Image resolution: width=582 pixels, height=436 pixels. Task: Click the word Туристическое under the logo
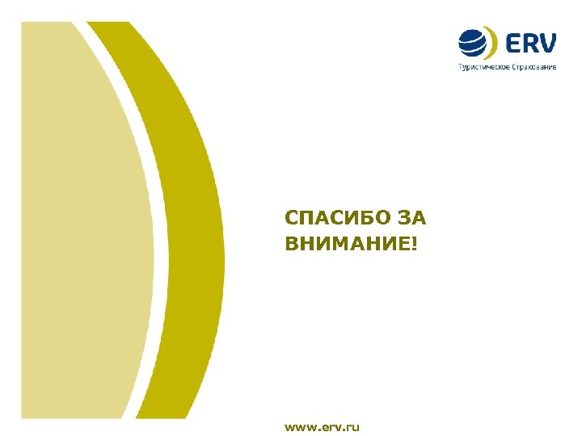483,67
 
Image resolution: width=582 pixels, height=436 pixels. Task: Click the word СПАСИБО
334,218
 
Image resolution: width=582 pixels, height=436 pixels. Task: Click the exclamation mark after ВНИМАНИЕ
416,242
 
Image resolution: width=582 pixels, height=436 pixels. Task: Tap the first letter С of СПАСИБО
291,218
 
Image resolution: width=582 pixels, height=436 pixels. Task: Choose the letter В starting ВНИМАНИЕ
291,242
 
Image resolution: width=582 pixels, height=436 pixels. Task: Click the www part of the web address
299,426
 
